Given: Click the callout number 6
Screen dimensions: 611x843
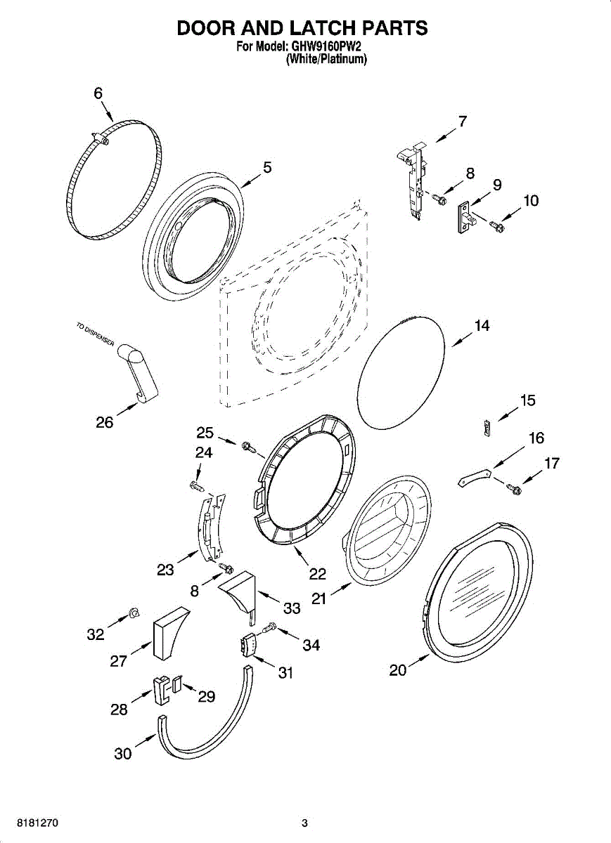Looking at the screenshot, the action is [x=98, y=93].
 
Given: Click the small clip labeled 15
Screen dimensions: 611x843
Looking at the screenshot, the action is [x=487, y=428].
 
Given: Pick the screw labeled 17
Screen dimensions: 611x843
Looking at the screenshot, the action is [x=514, y=489].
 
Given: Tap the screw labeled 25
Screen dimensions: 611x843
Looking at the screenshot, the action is [x=250, y=447].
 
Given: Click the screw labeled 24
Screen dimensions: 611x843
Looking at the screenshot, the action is [x=198, y=486].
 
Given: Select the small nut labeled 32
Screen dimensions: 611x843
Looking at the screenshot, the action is [x=134, y=613].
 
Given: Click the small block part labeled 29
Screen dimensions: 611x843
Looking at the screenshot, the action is [x=176, y=684].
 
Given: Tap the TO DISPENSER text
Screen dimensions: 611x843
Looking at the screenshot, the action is [x=96, y=334].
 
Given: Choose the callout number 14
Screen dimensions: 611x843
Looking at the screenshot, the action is [x=482, y=325].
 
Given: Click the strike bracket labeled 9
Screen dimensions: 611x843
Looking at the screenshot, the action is [x=466, y=218].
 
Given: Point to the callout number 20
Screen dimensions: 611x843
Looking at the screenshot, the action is [x=398, y=670].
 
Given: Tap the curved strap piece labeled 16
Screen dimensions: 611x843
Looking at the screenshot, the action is [x=475, y=477].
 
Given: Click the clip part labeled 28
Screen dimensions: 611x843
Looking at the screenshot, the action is [x=161, y=690].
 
